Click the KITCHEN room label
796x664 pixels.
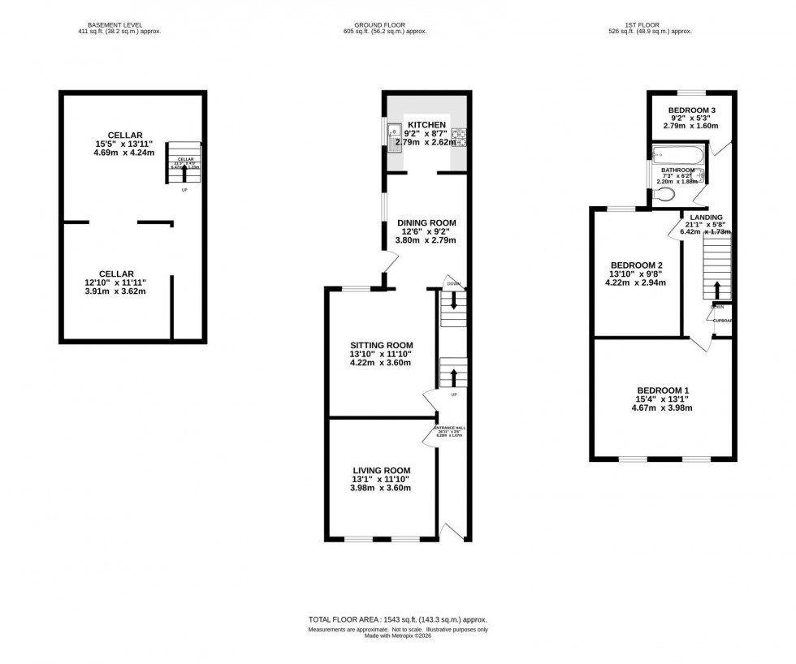426,124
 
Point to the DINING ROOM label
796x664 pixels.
426,222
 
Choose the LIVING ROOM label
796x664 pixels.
381,470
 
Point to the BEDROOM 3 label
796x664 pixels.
691,110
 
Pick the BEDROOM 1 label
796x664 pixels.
664,389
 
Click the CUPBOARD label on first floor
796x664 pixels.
723,321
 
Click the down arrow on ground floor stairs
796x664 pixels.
453,302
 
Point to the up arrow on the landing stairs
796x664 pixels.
717,290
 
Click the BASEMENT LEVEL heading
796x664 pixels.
100,24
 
